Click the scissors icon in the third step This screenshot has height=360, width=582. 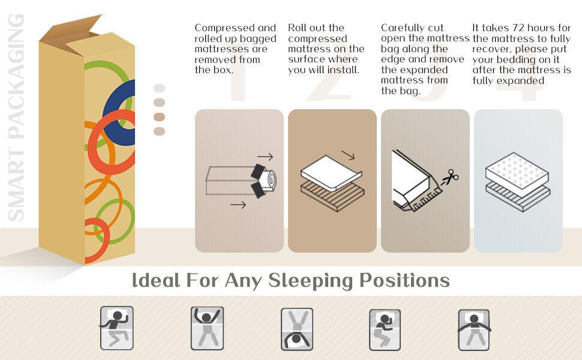(x=450, y=178)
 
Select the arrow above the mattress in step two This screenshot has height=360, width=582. (x=348, y=155)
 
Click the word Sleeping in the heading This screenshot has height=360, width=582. (x=310, y=281)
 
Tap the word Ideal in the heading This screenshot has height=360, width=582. (x=156, y=280)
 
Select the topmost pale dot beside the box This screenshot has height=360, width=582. (x=159, y=88)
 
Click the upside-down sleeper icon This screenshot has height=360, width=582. (x=297, y=329)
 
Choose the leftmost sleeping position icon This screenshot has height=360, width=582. (x=116, y=328)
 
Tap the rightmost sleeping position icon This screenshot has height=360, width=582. (x=474, y=330)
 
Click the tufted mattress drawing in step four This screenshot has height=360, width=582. (x=517, y=174)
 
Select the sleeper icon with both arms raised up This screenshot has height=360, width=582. (x=207, y=328)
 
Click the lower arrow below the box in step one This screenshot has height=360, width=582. (x=238, y=205)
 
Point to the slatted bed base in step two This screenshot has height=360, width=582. (x=332, y=197)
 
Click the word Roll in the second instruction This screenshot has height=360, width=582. (x=298, y=28)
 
